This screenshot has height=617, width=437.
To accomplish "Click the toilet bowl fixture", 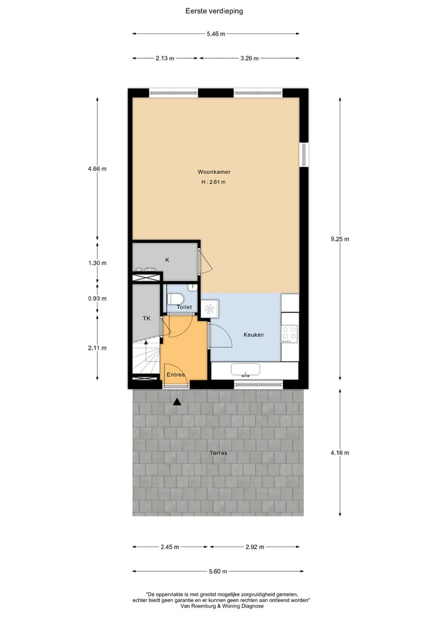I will (x=177, y=298).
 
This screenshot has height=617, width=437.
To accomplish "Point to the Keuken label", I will (x=253, y=334).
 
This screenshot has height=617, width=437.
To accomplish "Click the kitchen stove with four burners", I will (x=290, y=332).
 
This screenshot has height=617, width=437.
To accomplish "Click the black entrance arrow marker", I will (x=177, y=401).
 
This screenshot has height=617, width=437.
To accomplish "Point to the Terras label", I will (x=218, y=453).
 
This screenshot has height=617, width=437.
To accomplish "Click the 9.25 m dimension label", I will (x=340, y=239).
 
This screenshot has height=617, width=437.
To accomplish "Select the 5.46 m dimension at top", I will (x=215, y=34).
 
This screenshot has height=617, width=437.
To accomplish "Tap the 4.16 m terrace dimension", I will (x=340, y=453).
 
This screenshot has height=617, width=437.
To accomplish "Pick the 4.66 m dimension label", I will (x=97, y=169).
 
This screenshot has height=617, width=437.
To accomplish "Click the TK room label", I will (x=146, y=318).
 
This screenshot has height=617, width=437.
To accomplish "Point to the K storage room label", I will (x=167, y=260).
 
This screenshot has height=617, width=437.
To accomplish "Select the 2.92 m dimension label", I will (x=255, y=547).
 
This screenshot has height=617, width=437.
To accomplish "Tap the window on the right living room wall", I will (x=304, y=155).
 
